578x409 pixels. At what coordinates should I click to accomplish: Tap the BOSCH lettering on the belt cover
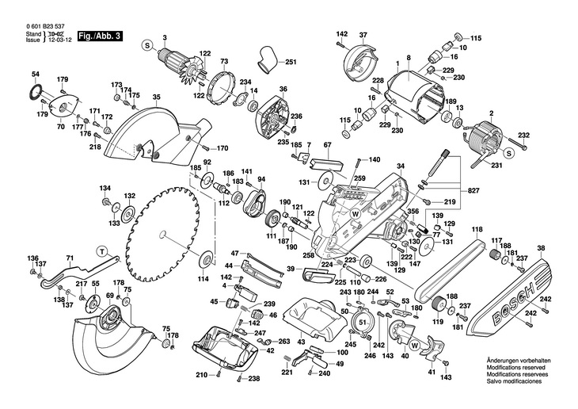(509, 305)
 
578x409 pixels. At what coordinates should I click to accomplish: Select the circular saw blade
(162, 235)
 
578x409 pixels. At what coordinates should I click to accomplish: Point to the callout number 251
(290, 63)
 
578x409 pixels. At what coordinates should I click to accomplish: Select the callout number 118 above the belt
(477, 230)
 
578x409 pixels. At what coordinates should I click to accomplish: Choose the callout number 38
(542, 249)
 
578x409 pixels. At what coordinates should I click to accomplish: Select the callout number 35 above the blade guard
(157, 97)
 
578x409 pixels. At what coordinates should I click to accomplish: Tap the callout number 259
(359, 179)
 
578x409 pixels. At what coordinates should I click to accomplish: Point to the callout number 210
(202, 376)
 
